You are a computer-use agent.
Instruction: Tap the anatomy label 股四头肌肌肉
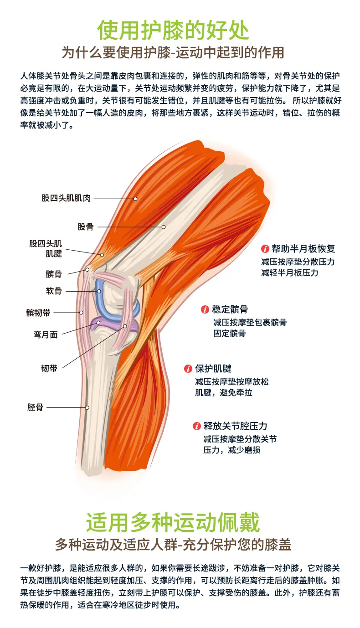pos(66,198)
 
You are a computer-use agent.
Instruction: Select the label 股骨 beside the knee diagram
pos(85,226)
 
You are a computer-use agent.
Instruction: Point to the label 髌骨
pos(54,274)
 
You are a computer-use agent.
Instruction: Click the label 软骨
pos(54,291)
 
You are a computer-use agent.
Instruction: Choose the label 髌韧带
pos(38,313)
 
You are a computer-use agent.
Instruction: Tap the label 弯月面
pos(46,335)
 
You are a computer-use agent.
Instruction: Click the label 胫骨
pos(35,407)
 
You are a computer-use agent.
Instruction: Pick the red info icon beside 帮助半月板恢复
pos(264,249)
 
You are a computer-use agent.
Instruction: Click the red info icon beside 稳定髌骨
pos(205,310)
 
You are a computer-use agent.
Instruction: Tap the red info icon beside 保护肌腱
pos(188,369)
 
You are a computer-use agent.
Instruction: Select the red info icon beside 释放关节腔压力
pos(196,427)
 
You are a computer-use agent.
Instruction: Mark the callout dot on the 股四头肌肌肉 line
pos(135,199)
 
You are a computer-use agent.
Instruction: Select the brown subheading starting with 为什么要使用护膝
pos(173,52)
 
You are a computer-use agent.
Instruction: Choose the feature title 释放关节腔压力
pos(235,427)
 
